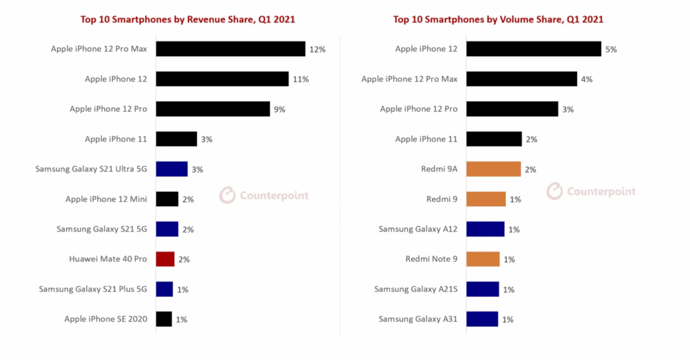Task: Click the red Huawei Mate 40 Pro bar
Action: [165, 259]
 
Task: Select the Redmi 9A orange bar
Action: [493, 169]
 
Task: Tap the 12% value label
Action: [317, 49]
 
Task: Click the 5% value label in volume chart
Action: [611, 49]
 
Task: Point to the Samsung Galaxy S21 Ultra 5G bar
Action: [171, 169]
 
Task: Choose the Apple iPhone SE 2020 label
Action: [106, 319]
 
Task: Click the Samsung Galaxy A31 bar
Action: [482, 319]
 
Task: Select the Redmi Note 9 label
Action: [431, 259]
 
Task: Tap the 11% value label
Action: [300, 79]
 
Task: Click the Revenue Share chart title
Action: [188, 19]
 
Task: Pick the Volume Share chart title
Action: [498, 19]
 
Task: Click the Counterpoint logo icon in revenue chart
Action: [227, 195]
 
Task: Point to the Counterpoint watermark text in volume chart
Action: [601, 191]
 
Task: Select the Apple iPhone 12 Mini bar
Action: [167, 199]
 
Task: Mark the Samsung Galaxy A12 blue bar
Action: [485, 229]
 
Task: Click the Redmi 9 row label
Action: [442, 199]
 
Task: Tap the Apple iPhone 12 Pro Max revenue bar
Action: [230, 49]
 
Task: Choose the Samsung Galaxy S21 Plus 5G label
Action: [93, 289]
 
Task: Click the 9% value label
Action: [279, 109]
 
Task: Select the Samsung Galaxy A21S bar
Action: [482, 289]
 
